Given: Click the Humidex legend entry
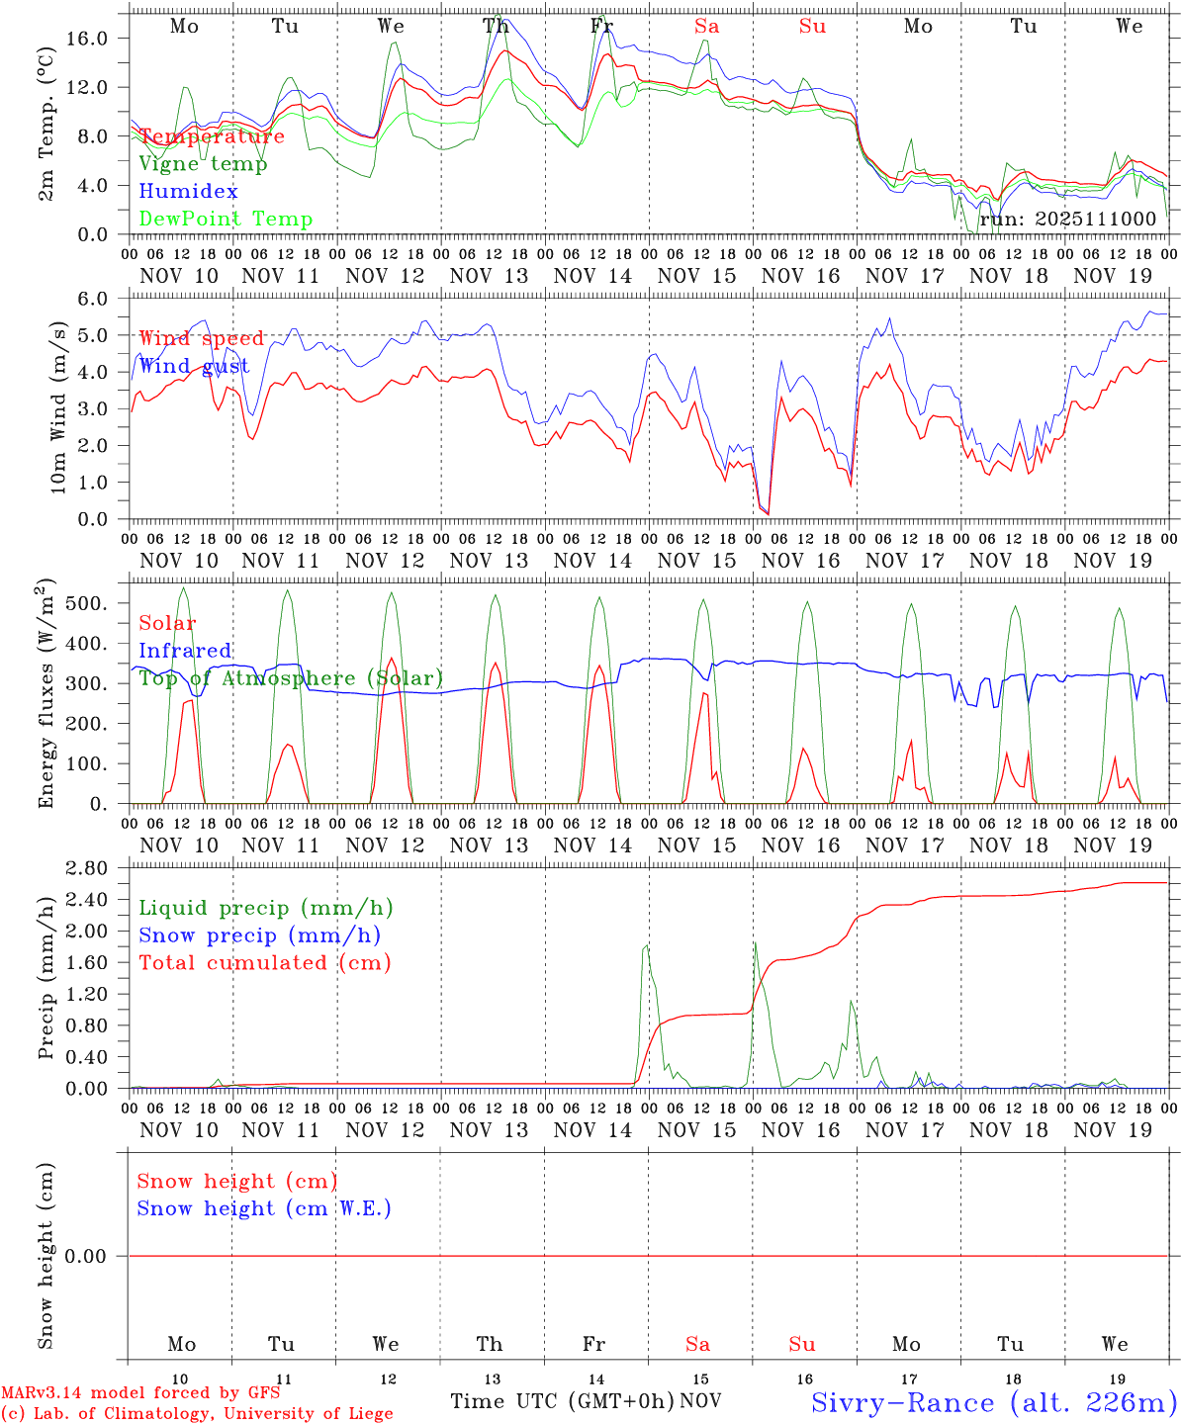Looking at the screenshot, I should point(188,191).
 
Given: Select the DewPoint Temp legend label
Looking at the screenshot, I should point(226,219).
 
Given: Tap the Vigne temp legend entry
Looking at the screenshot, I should point(203,163).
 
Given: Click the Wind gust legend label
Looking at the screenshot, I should point(194,366).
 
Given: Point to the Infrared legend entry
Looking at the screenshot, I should point(185,651).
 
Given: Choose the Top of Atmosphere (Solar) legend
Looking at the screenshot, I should point(291,678).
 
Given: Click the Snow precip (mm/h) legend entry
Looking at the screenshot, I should point(259,935).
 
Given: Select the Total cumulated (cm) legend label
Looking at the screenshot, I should point(264,963).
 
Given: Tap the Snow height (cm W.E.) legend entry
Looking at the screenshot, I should point(264,1208).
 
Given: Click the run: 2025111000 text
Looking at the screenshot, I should point(1067,219).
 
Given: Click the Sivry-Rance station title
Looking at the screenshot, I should point(993,1402).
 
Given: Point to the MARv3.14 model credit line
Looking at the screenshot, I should point(140,1392).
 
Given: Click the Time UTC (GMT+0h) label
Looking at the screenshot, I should point(562,1401).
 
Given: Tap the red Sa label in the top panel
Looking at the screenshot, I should point(706,27).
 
